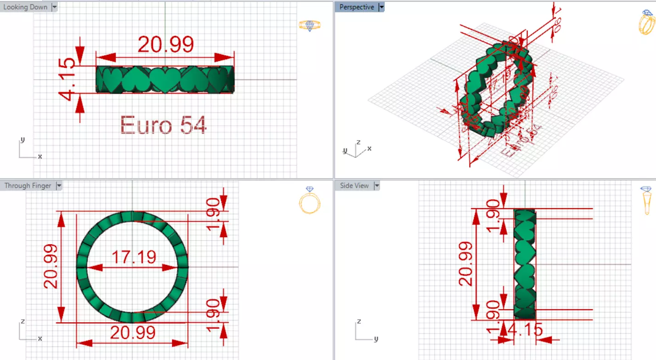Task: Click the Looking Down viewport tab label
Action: [25, 7]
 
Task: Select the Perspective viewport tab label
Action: [357, 7]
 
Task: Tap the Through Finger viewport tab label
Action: [28, 186]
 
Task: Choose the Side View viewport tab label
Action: [354, 186]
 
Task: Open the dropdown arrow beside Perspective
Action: [381, 7]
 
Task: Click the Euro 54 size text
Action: [163, 125]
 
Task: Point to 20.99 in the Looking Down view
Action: [165, 45]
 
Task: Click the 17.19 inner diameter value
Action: [133, 258]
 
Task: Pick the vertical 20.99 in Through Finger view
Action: [50, 266]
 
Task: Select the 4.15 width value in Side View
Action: [525, 329]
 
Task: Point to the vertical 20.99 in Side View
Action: [466, 264]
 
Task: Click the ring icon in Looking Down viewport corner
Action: [309, 25]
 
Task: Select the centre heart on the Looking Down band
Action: [165, 79]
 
